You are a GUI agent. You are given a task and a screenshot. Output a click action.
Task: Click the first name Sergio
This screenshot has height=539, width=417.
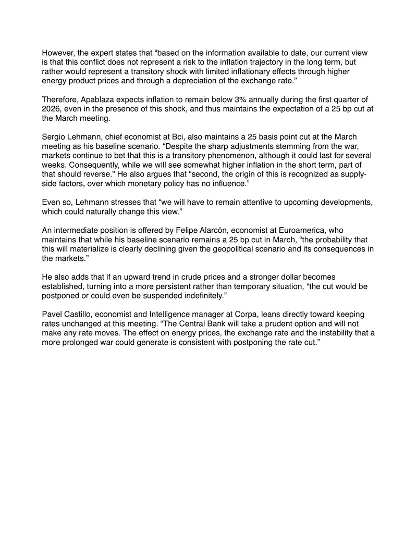pyautogui.click(x=54, y=137)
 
